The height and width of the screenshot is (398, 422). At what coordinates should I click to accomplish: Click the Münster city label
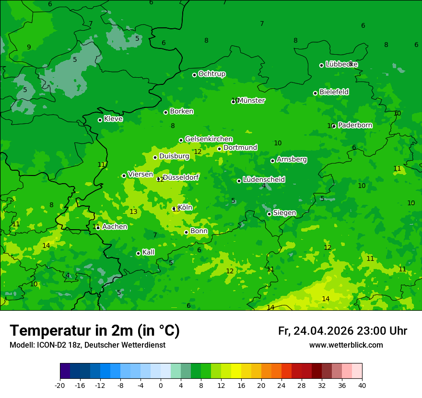click(251, 101)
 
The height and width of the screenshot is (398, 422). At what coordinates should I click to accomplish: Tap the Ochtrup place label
click(211, 74)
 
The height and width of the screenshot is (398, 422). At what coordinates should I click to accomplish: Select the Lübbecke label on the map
click(341, 64)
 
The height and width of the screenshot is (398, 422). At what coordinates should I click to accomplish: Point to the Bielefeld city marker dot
click(315, 93)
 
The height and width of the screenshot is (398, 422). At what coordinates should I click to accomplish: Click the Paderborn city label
click(355, 125)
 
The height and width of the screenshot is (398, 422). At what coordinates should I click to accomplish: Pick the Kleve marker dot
click(100, 120)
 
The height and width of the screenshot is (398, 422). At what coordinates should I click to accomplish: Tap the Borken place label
click(181, 111)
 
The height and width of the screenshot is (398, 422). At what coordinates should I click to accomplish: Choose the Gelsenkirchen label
click(209, 139)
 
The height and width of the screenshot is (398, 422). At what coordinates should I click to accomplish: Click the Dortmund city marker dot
click(219, 149)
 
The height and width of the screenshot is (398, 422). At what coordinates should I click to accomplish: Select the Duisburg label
click(174, 156)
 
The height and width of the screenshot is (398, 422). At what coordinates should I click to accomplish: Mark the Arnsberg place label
click(292, 159)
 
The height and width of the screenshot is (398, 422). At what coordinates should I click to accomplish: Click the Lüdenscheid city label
click(264, 180)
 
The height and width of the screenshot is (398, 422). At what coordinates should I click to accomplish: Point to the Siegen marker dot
click(269, 214)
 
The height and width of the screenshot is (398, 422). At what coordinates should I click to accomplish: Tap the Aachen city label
click(115, 227)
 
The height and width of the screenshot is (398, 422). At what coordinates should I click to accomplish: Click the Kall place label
click(148, 252)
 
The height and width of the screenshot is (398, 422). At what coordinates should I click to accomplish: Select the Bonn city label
click(199, 231)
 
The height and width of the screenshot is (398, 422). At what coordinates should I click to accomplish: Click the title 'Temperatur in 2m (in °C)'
click(94, 331)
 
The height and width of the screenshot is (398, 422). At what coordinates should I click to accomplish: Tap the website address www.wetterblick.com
click(346, 345)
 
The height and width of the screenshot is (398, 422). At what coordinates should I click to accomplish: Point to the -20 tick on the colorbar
click(60, 385)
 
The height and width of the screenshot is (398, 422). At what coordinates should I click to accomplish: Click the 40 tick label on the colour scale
click(362, 385)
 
